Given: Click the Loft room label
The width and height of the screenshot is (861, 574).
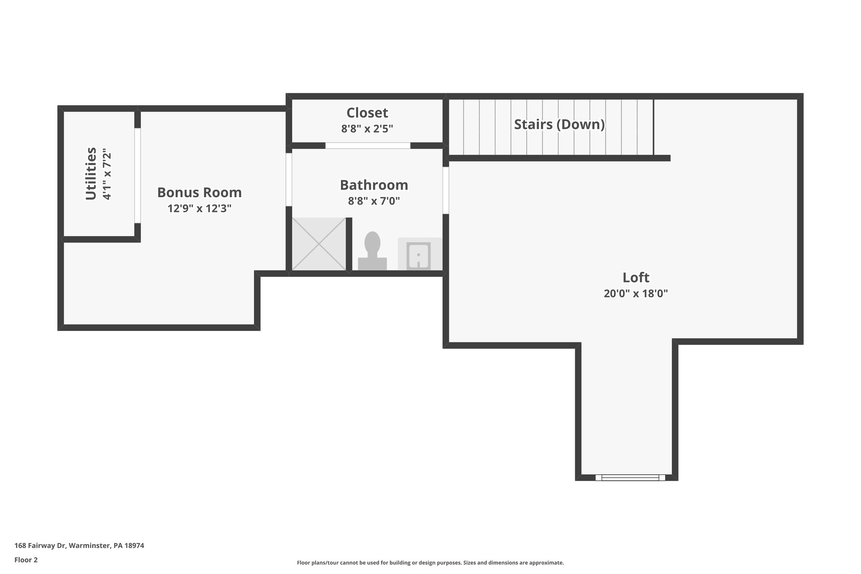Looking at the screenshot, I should [x=636, y=278].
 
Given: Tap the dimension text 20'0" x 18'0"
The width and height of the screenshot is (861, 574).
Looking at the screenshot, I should [x=636, y=294].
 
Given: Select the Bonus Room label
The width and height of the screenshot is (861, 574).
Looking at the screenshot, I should [x=199, y=193].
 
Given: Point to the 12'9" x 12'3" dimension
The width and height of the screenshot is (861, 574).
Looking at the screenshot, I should [x=199, y=209].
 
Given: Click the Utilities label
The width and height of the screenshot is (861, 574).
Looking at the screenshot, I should [x=91, y=173].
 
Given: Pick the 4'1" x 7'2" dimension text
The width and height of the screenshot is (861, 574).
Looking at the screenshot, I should [x=107, y=173].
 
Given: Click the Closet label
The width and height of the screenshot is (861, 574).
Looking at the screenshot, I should [x=367, y=113].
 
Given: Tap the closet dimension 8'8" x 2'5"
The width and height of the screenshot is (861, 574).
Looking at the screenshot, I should [x=367, y=129].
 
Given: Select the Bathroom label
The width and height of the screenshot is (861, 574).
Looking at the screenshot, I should [x=374, y=185].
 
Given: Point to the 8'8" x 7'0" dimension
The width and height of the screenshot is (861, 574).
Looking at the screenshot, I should [x=374, y=201].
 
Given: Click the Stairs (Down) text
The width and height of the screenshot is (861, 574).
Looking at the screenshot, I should [x=559, y=124].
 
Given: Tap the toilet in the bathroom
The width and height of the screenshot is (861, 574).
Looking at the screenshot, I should [x=372, y=251].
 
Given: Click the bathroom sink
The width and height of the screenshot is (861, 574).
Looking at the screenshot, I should [x=418, y=255].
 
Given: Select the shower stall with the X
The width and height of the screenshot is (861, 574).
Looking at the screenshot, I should [x=319, y=243].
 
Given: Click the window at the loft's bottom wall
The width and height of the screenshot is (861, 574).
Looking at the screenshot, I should [x=630, y=477].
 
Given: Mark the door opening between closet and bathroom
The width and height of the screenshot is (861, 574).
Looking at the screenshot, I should [x=367, y=145].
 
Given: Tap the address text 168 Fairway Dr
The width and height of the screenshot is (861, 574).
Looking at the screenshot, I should [x=79, y=546].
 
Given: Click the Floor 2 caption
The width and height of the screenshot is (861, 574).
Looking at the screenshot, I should [x=26, y=560].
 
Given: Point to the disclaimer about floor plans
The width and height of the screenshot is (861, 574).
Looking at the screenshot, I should [x=430, y=563].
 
